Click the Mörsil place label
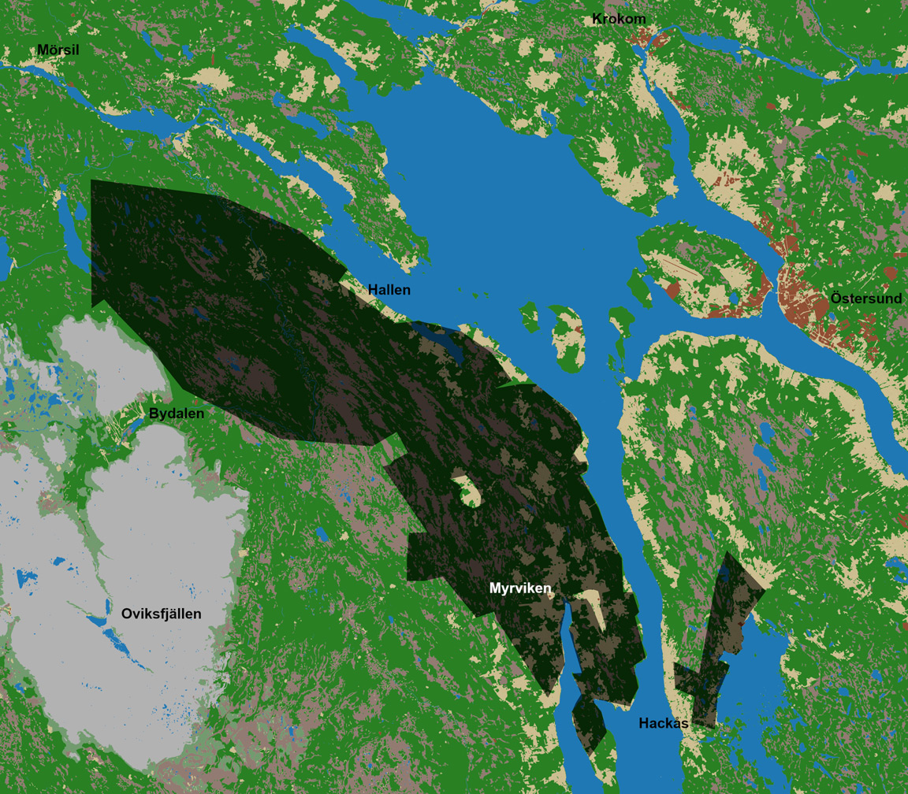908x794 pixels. click(58, 50)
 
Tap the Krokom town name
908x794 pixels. click(619, 19)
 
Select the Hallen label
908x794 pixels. click(389, 290)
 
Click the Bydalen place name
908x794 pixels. click(177, 413)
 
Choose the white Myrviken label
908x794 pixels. click(520, 588)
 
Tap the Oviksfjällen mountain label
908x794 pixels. click(162, 614)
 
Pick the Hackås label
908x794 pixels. click(664, 723)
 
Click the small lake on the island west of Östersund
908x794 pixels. click(733, 299)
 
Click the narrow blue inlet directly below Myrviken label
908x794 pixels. click(569, 638)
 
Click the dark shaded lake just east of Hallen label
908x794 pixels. click(441, 340)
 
